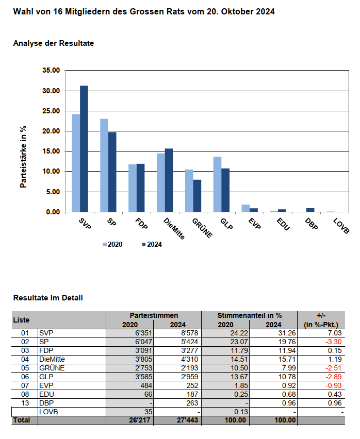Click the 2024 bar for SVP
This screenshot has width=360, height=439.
(x=84, y=149)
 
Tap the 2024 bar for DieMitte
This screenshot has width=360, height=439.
(x=169, y=180)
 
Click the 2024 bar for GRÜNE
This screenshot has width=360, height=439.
(x=197, y=196)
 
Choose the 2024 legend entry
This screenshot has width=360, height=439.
(x=151, y=245)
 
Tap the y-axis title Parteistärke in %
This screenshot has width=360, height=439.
(x=23, y=156)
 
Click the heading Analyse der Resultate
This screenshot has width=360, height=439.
(x=54, y=44)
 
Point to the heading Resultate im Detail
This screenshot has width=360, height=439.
(x=48, y=298)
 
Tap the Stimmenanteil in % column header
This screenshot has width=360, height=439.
(x=250, y=315)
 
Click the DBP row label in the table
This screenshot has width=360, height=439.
(x=46, y=403)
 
